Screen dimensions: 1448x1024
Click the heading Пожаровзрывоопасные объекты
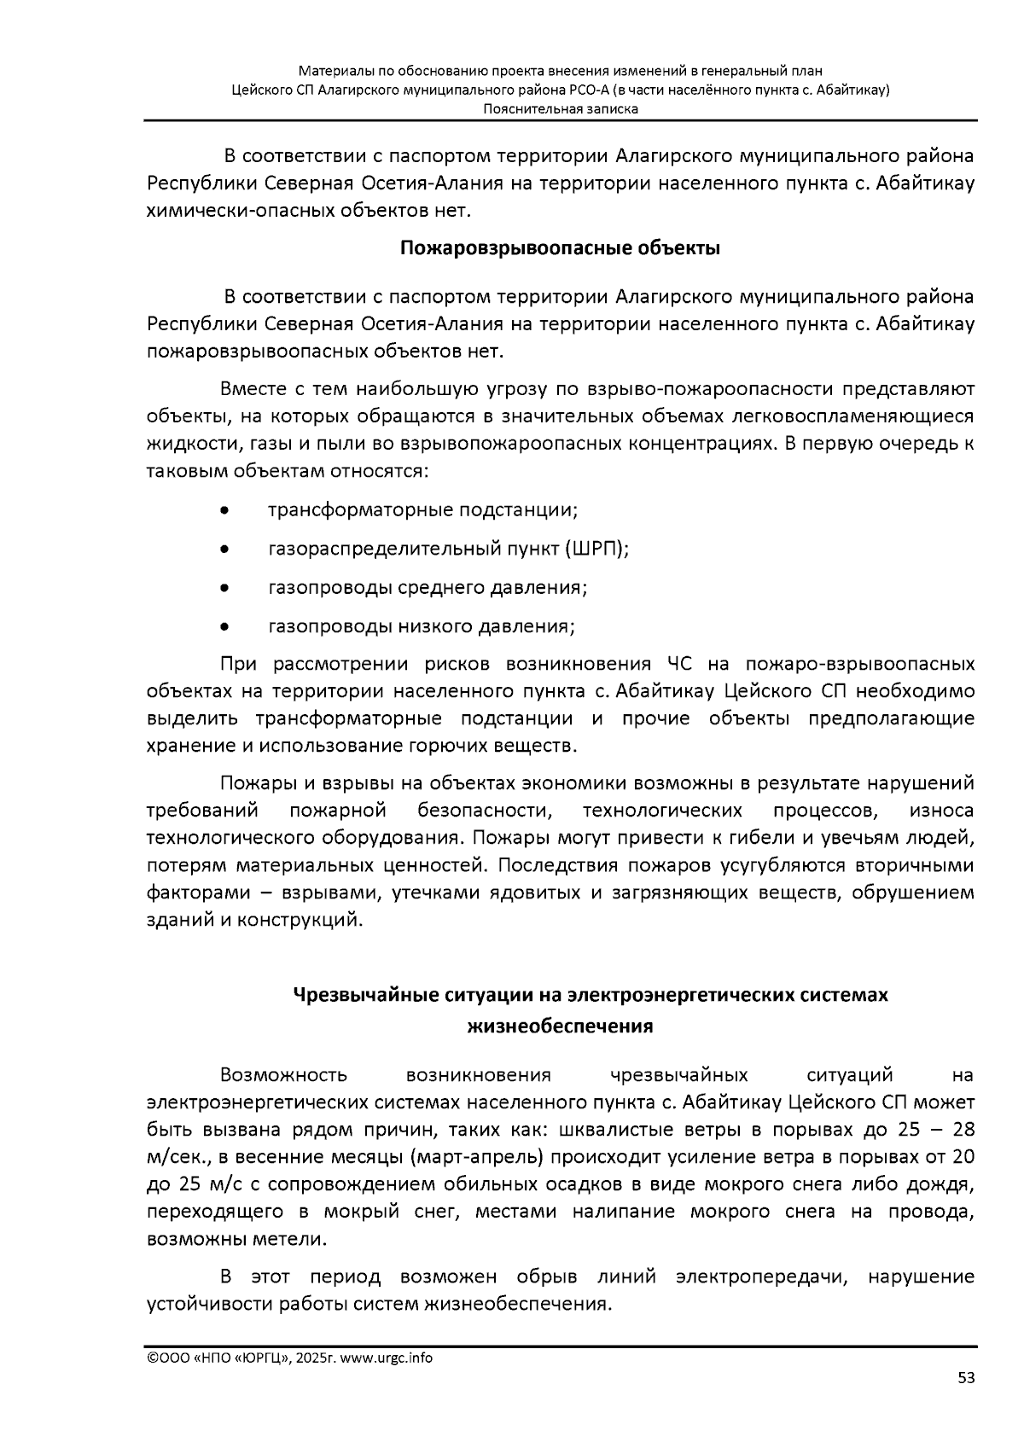(x=560, y=249)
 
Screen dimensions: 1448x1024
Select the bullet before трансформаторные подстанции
(x=224, y=511)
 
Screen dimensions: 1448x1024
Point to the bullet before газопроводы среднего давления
(x=224, y=589)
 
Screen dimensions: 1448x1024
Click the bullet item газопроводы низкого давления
(x=422, y=627)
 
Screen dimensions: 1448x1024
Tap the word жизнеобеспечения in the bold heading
(x=560, y=1026)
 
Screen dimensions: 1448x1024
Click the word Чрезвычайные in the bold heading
(x=351, y=995)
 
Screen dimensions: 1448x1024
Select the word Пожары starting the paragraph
(x=251, y=782)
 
